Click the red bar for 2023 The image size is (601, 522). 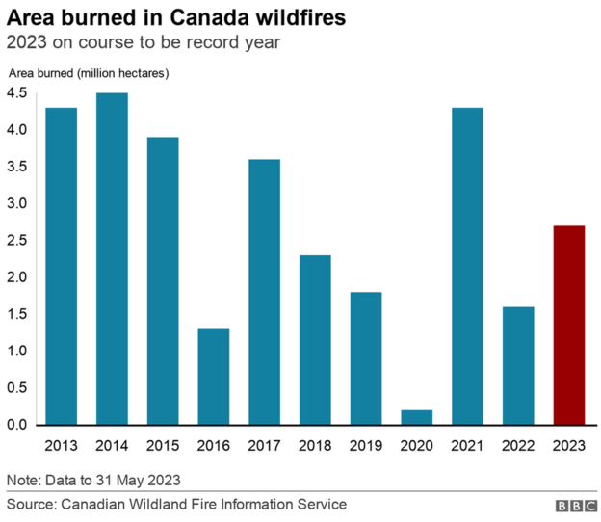pyautogui.click(x=570, y=326)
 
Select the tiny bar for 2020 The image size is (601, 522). pyautogui.click(x=417, y=417)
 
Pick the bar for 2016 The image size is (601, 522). pyautogui.click(x=213, y=378)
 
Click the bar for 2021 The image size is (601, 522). pyautogui.click(x=468, y=267)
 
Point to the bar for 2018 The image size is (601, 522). pyautogui.click(x=315, y=340)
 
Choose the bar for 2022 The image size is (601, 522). pyautogui.click(x=519, y=366)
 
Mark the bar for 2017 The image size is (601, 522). pyautogui.click(x=264, y=292)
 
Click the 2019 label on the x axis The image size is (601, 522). pyautogui.click(x=366, y=445)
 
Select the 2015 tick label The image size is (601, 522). pyautogui.click(x=162, y=445)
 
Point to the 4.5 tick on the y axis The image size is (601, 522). pyautogui.click(x=18, y=93)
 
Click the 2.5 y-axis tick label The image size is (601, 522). pyautogui.click(x=18, y=241)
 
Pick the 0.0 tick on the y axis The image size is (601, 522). pyautogui.click(x=18, y=425)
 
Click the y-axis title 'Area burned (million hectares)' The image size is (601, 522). pyautogui.click(x=89, y=74)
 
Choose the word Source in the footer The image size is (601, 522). pyautogui.click(x=31, y=504)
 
